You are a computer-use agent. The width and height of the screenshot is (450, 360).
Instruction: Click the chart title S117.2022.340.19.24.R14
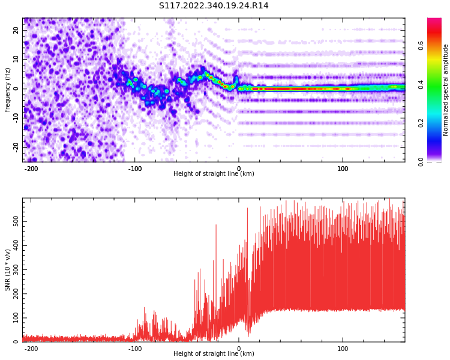click(x=214, y=6)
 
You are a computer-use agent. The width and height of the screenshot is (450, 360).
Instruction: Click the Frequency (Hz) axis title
click(x=8, y=89)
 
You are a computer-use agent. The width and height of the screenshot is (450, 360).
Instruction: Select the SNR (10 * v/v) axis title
click(x=8, y=269)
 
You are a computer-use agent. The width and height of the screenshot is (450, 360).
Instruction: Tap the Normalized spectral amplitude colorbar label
click(x=446, y=89)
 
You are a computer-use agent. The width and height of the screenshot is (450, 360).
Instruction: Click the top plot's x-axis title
click(x=214, y=173)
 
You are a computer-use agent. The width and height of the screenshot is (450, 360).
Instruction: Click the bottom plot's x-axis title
click(x=214, y=353)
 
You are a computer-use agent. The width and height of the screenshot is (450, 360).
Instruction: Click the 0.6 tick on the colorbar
click(x=421, y=45)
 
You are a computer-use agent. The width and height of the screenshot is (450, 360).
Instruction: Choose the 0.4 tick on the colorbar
click(x=421, y=84)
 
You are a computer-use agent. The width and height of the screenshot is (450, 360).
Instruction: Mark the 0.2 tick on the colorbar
click(x=421, y=123)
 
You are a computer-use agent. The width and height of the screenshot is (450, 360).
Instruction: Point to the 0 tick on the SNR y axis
click(x=17, y=341)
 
